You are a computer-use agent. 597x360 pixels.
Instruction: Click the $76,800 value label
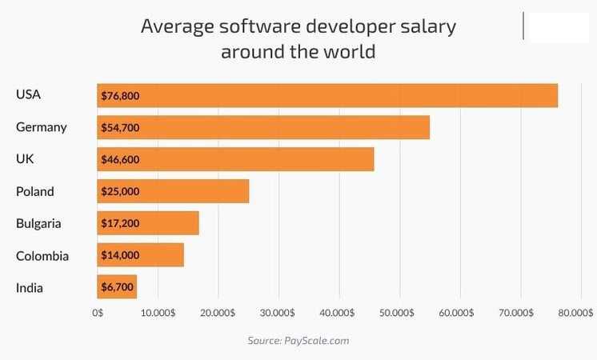click(121, 96)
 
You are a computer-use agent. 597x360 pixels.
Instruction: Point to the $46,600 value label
click(121, 159)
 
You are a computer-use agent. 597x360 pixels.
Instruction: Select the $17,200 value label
click(121, 223)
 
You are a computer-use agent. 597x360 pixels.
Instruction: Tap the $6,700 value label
click(118, 287)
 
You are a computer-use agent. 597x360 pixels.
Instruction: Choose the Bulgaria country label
click(38, 223)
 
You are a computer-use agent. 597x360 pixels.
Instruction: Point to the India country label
click(30, 287)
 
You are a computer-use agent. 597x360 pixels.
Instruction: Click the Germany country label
click(41, 127)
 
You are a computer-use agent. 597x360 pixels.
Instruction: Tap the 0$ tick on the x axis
click(98, 313)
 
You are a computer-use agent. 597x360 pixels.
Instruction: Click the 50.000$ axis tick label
click(399, 313)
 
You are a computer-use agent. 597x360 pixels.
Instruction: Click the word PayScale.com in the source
click(317, 340)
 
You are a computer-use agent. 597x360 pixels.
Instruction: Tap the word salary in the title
click(424, 26)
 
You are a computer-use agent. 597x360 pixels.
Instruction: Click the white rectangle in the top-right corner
click(559, 26)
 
